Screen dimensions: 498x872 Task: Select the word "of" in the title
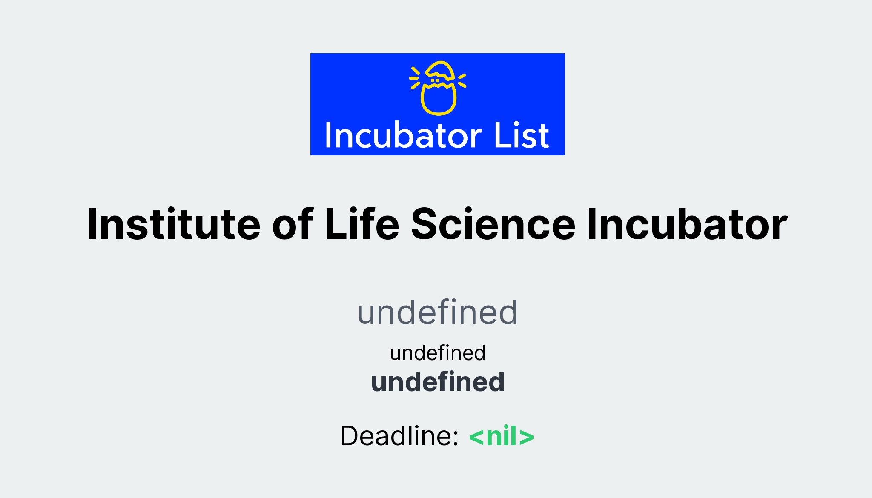pos(293,224)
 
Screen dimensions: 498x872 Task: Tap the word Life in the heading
pos(362,224)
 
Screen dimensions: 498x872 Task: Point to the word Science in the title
pos(493,224)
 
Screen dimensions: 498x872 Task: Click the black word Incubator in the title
pos(687,224)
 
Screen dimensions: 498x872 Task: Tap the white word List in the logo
pos(522,136)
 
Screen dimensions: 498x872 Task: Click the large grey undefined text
pos(438,312)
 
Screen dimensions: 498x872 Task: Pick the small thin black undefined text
pos(438,353)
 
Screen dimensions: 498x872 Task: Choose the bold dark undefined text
pos(438,382)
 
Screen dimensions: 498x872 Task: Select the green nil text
pos(502,436)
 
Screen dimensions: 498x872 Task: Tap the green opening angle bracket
pos(476,437)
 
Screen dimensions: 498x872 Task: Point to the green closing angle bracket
pos(527,437)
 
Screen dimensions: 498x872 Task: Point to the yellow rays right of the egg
pos(462,80)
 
